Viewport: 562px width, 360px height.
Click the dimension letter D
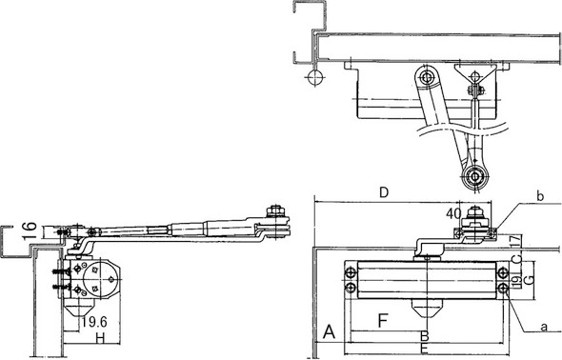tap(384, 193)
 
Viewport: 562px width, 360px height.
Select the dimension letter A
tap(329, 331)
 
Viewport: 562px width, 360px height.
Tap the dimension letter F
tap(383, 318)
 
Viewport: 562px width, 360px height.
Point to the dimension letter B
tap(426, 336)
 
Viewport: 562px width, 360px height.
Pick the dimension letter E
tap(426, 350)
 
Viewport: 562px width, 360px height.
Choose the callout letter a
tap(545, 327)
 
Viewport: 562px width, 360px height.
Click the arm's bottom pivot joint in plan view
tap(474, 177)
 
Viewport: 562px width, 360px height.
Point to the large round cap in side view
tap(96, 278)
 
